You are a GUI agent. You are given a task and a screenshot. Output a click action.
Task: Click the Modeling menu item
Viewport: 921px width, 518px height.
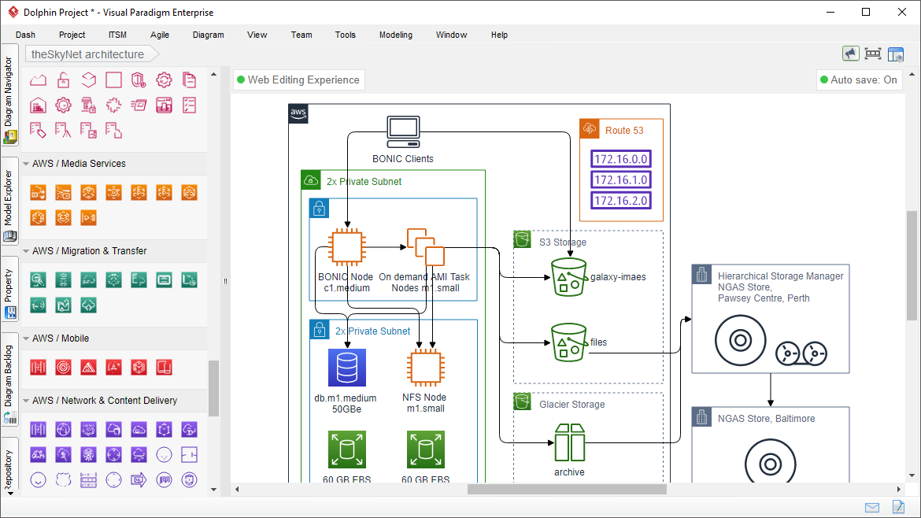pyautogui.click(x=395, y=35)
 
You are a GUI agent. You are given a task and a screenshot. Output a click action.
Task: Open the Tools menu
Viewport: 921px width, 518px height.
pyautogui.click(x=345, y=35)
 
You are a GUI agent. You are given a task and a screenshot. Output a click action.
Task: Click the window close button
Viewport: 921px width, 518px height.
pyautogui.click(x=901, y=12)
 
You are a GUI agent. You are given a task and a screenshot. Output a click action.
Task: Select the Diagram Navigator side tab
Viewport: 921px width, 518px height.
pyautogui.click(x=9, y=99)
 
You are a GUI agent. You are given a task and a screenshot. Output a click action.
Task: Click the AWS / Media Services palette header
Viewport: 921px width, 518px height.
pyautogui.click(x=79, y=164)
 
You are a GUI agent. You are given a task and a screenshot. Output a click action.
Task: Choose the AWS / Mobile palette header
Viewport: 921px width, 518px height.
pyautogui.click(x=61, y=339)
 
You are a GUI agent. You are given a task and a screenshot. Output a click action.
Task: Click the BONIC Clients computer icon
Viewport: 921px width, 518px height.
pyautogui.click(x=403, y=132)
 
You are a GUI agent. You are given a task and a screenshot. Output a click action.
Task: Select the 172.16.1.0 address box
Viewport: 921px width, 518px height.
pyautogui.click(x=621, y=179)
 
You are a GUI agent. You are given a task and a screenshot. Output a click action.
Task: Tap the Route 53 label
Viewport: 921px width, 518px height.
pyautogui.click(x=624, y=131)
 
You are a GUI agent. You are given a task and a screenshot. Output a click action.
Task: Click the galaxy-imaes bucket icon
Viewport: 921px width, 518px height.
pyautogui.click(x=568, y=277)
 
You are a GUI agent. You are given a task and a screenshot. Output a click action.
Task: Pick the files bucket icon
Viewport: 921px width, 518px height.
pyautogui.click(x=568, y=342)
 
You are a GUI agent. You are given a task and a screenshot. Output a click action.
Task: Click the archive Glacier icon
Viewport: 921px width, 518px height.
pyautogui.click(x=568, y=442)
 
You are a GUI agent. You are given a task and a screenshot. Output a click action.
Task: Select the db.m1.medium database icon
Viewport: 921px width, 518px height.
pyautogui.click(x=347, y=368)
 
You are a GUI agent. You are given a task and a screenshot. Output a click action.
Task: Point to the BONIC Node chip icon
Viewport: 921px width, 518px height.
pyautogui.click(x=346, y=247)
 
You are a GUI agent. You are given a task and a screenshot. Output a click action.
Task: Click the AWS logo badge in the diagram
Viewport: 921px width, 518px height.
pyautogui.click(x=298, y=113)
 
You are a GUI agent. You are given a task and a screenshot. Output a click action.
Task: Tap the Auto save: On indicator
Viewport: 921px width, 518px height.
pyautogui.click(x=858, y=80)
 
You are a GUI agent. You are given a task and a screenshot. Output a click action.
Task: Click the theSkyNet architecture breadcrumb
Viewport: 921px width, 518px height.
pyautogui.click(x=87, y=54)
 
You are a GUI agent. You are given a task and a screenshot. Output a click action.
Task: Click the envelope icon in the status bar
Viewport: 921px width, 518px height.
pyautogui.click(x=872, y=507)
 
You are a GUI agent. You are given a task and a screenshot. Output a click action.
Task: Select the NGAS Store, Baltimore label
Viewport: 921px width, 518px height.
pyautogui.click(x=766, y=419)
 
